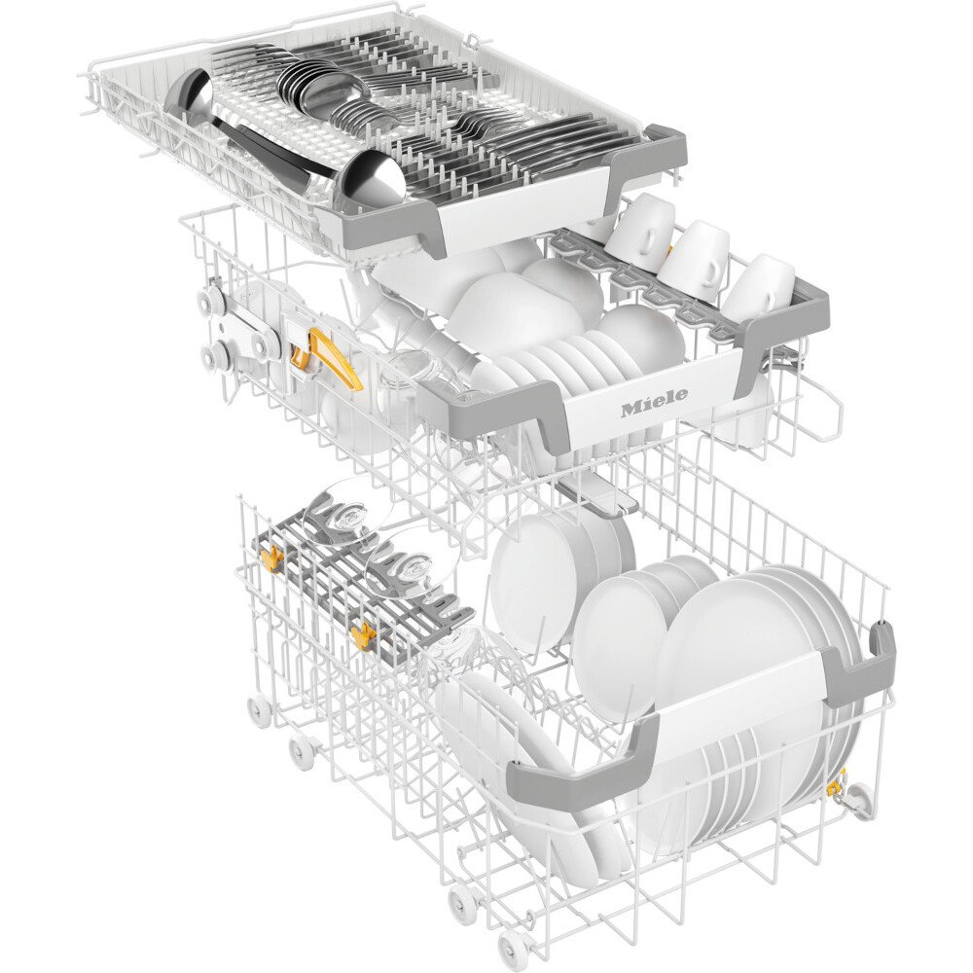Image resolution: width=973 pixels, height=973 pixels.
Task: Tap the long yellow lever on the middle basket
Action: [x=332, y=360]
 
